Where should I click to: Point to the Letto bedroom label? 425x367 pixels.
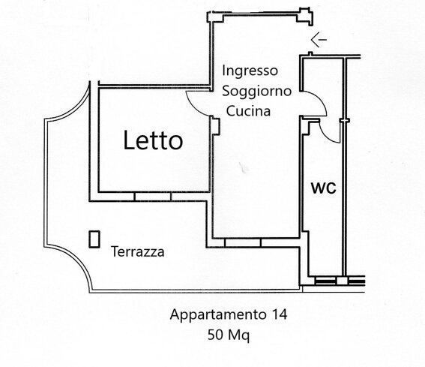(153, 140)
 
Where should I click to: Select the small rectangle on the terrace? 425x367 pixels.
(94, 238)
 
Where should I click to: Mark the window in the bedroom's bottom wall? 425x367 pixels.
(153, 197)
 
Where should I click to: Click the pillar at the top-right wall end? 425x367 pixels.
(304, 14)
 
